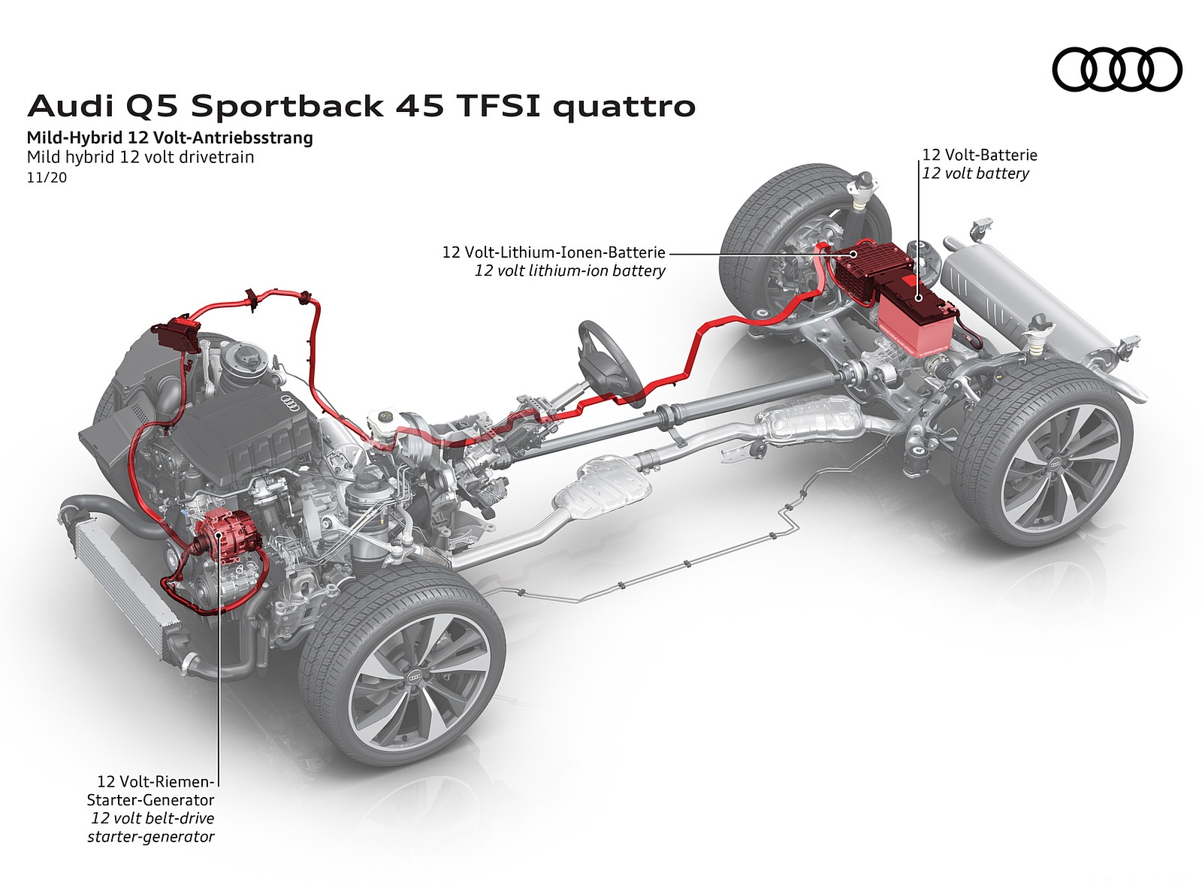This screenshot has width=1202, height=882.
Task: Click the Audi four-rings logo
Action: click(x=1117, y=69)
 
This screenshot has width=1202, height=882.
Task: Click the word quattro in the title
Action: click(x=624, y=107)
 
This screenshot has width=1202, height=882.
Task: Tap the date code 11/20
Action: click(x=47, y=178)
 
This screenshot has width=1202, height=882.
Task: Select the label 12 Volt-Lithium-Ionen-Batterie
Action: click(x=554, y=252)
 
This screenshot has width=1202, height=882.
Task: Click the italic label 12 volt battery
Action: click(x=975, y=174)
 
